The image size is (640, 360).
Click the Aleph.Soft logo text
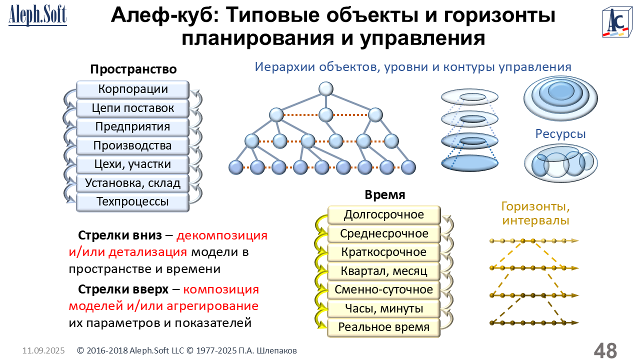(37, 15)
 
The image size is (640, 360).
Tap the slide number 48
(605, 350)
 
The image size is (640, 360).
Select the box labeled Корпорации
(132, 89)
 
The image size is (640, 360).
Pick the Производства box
(132, 145)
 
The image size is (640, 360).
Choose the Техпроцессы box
(132, 202)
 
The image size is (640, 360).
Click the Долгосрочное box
(383, 215)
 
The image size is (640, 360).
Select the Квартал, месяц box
(383, 271)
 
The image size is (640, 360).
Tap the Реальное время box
(383, 327)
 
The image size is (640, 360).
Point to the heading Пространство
(133, 69)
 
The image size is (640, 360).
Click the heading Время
(385, 195)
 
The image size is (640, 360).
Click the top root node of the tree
(325, 89)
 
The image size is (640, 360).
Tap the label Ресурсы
(560, 134)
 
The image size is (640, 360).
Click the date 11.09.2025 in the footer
(43, 350)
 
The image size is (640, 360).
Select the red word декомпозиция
(221, 235)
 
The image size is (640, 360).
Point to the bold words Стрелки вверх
(123, 289)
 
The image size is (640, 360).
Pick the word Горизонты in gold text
(535, 206)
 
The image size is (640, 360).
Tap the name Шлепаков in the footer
(276, 350)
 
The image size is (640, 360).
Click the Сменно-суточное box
(383, 289)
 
